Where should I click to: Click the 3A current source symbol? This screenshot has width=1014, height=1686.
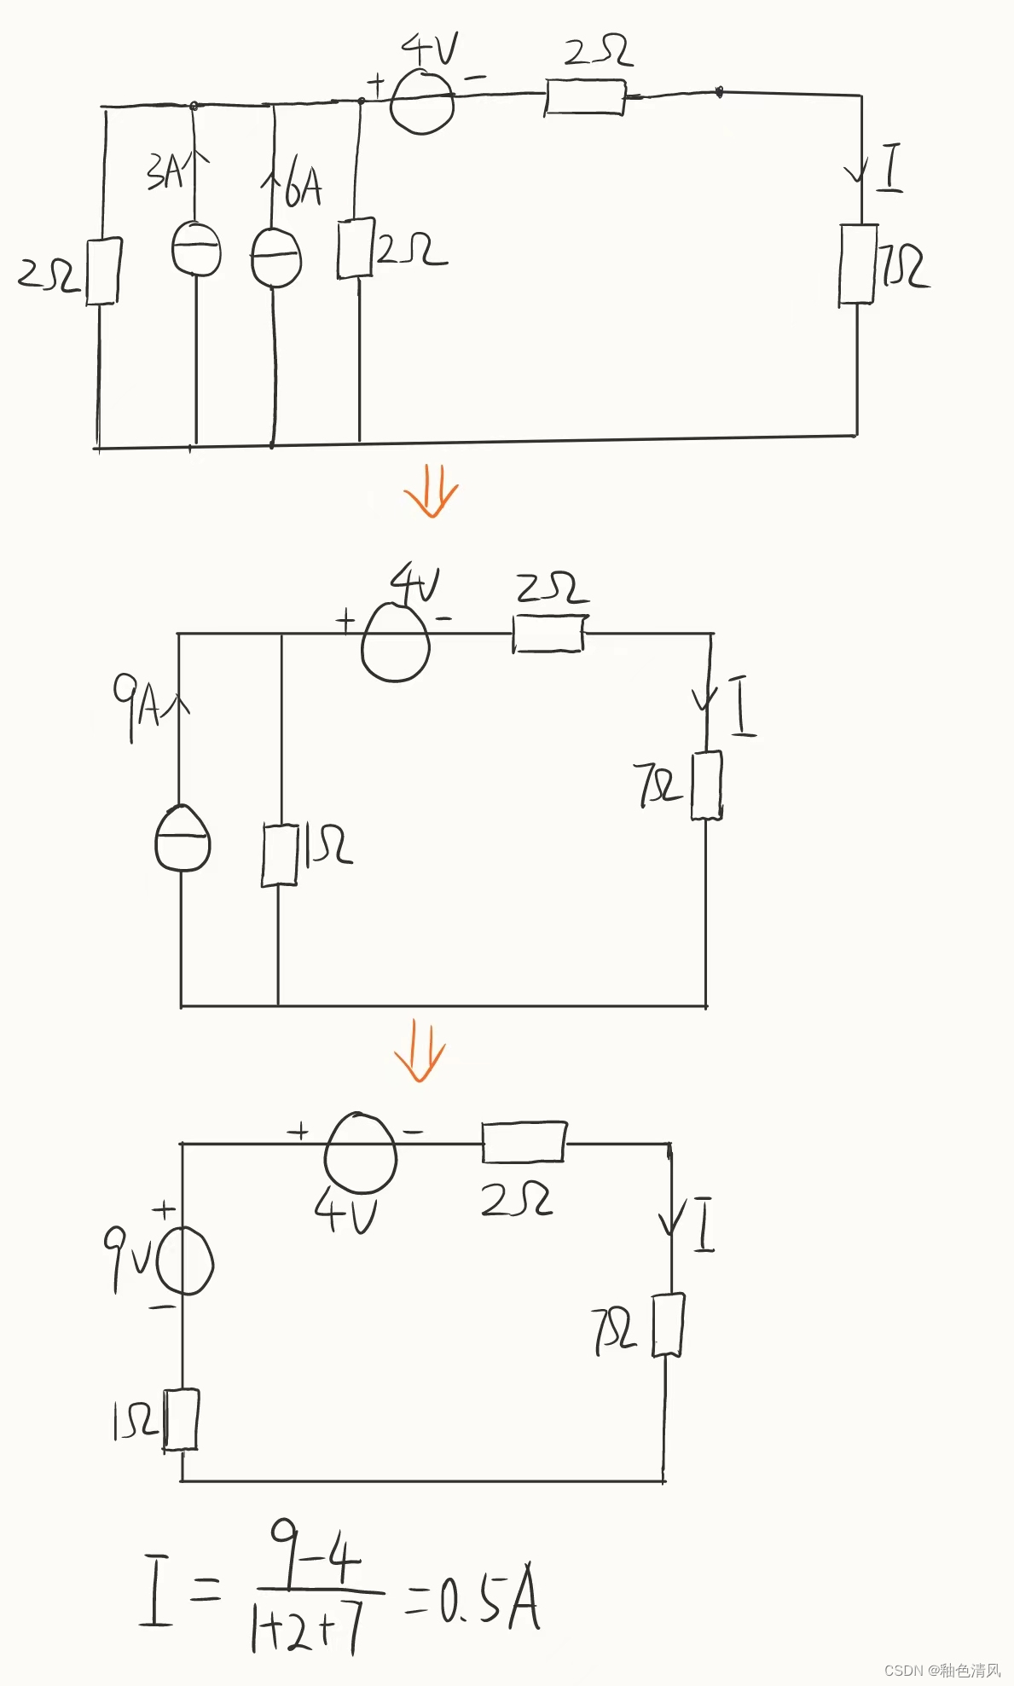196,249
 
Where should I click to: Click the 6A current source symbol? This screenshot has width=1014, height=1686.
275,258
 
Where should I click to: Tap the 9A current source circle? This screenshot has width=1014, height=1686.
182,839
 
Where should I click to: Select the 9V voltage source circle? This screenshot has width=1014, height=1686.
184,1261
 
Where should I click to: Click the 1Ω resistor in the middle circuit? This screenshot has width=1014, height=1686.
279,855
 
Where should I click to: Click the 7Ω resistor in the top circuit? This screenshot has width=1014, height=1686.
857,264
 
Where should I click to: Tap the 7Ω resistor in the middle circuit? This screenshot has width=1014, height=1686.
706,785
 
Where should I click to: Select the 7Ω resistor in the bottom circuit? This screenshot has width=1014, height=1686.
668,1325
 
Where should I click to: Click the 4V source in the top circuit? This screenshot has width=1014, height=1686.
421,101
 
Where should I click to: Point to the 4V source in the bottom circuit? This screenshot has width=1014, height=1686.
361,1153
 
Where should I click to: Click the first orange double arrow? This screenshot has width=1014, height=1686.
431,497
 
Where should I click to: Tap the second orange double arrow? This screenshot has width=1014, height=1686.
420,1052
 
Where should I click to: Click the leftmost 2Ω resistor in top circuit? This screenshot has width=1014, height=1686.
102,271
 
